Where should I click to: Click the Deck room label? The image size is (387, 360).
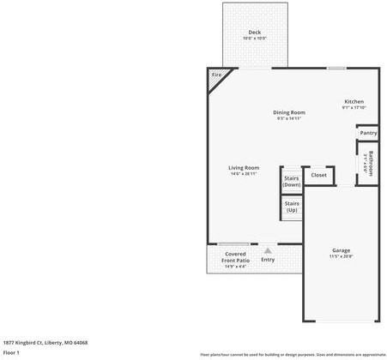pyautogui.click(x=255, y=33)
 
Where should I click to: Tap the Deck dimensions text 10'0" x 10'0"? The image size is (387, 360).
pyautogui.click(x=255, y=39)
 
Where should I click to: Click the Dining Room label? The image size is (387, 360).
pyautogui.click(x=289, y=112)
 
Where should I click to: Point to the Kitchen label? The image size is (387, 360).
pyautogui.click(x=354, y=101)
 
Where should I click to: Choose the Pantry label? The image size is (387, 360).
pyautogui.click(x=368, y=133)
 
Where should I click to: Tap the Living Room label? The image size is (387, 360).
pyautogui.click(x=244, y=167)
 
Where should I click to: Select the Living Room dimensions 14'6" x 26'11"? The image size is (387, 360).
pyautogui.click(x=244, y=174)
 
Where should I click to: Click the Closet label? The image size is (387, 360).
pyautogui.click(x=318, y=175)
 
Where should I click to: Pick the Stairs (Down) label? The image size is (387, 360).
pyautogui.click(x=292, y=181)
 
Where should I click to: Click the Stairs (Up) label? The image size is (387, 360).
pyautogui.click(x=292, y=207)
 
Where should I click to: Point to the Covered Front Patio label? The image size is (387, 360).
pyautogui.click(x=235, y=257)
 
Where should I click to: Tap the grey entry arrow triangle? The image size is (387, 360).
pyautogui.click(x=268, y=249)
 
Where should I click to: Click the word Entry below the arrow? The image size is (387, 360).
pyautogui.click(x=268, y=260)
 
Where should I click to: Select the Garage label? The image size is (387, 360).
pyautogui.click(x=341, y=250)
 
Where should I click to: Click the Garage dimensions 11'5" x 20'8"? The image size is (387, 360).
pyautogui.click(x=341, y=256)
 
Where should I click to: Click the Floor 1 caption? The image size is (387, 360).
pyautogui.click(x=12, y=352)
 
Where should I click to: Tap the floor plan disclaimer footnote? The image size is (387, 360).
pyautogui.click(x=293, y=353)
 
